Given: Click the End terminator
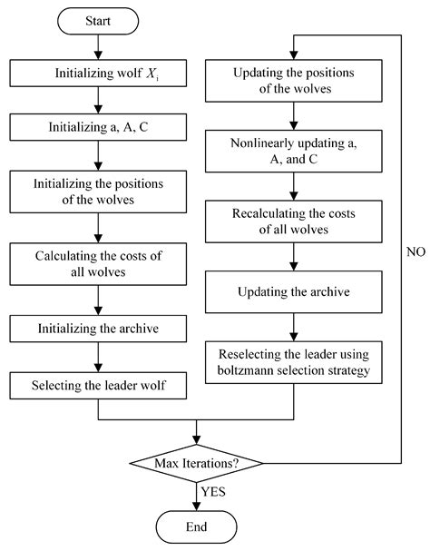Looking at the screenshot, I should (197, 526).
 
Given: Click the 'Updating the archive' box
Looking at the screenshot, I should (293, 293).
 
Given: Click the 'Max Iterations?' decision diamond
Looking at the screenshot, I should (197, 463).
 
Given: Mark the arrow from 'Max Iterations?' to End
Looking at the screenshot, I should (197, 495).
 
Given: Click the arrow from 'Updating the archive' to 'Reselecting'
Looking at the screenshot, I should (293, 326).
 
